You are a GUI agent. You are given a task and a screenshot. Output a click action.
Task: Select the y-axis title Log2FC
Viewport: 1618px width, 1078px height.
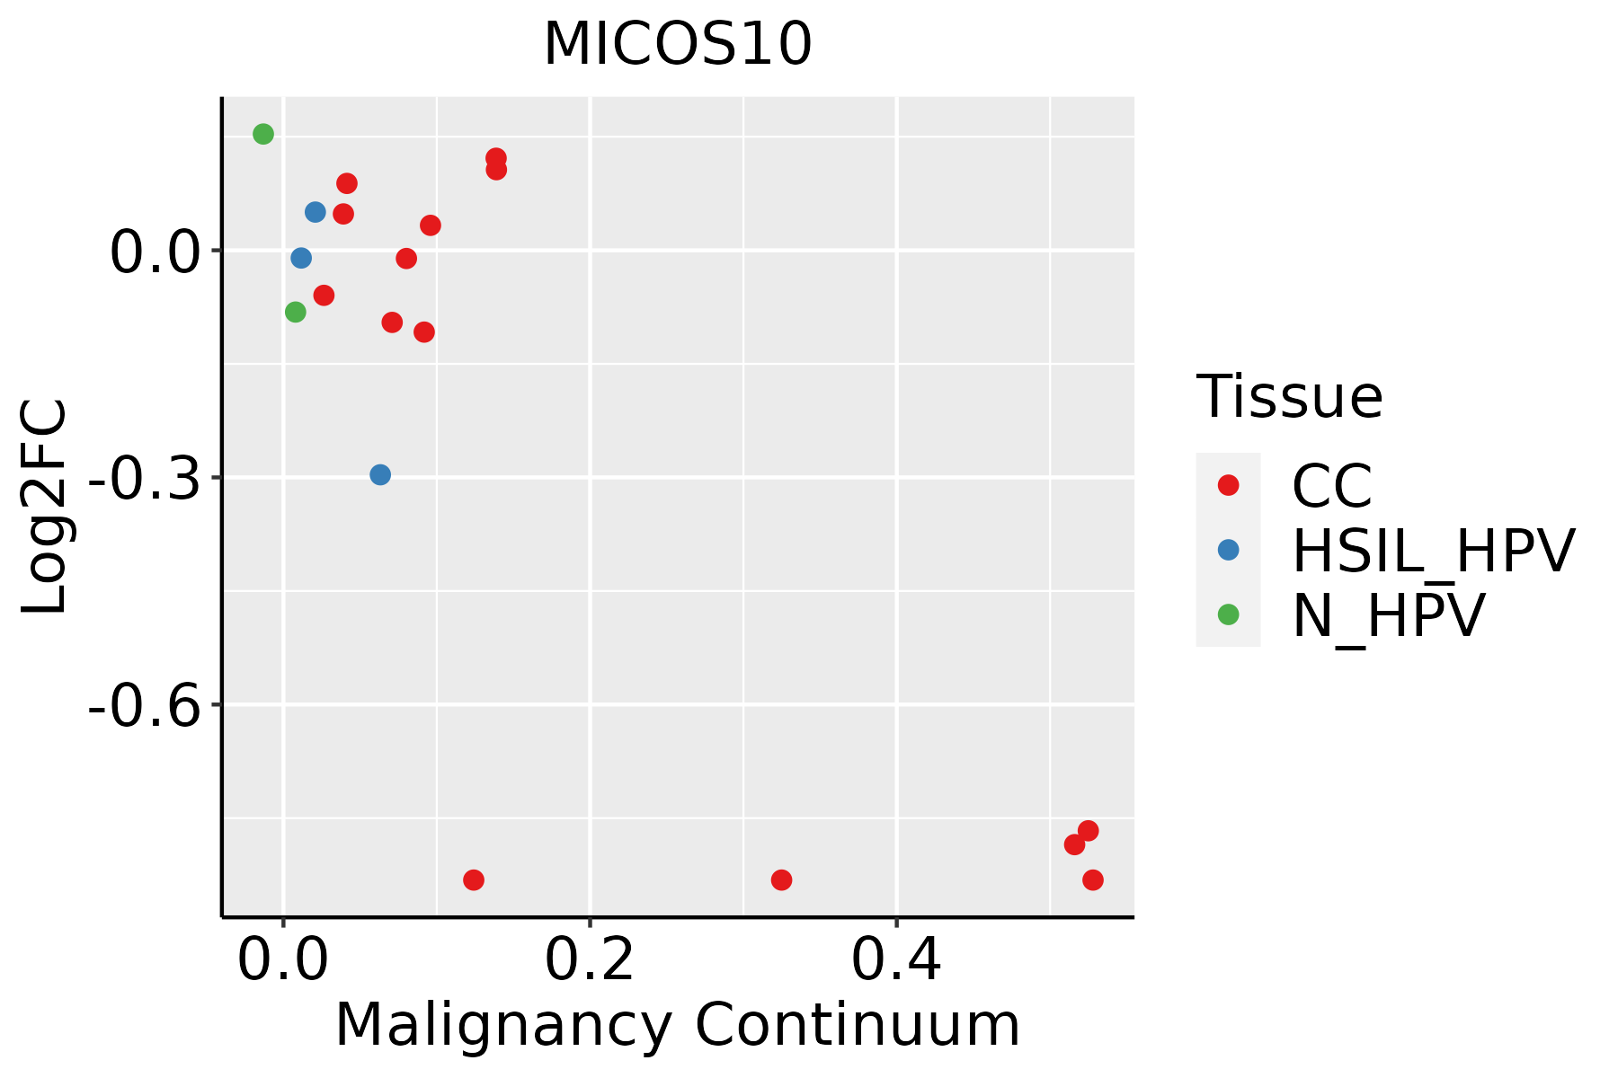click(45, 507)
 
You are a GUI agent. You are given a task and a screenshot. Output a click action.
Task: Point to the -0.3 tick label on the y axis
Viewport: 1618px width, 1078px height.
click(143, 478)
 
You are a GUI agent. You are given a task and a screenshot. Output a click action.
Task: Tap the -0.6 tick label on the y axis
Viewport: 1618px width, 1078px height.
click(143, 705)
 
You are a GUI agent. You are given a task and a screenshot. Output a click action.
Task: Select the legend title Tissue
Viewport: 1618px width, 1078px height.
click(1289, 396)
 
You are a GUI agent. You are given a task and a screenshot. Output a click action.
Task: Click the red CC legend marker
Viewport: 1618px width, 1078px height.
click(1228, 485)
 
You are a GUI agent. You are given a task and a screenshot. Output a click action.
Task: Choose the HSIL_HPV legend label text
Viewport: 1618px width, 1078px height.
click(1433, 551)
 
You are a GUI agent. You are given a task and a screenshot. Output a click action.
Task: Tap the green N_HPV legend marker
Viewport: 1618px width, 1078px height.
click(1228, 614)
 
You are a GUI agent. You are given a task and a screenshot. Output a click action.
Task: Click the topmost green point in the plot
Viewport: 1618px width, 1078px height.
click(263, 134)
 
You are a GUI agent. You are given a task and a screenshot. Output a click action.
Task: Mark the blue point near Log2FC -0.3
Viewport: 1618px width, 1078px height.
click(380, 474)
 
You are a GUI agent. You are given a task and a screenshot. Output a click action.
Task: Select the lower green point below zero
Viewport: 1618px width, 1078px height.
click(296, 312)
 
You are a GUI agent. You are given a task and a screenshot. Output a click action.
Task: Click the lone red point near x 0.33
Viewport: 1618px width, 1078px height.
click(781, 879)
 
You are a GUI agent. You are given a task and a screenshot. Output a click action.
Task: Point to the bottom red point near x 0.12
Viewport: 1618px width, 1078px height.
click(474, 879)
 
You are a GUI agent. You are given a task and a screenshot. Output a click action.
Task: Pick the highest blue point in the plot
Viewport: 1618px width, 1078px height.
click(316, 212)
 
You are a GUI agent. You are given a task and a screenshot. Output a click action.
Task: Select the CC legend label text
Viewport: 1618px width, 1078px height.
click(1331, 486)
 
